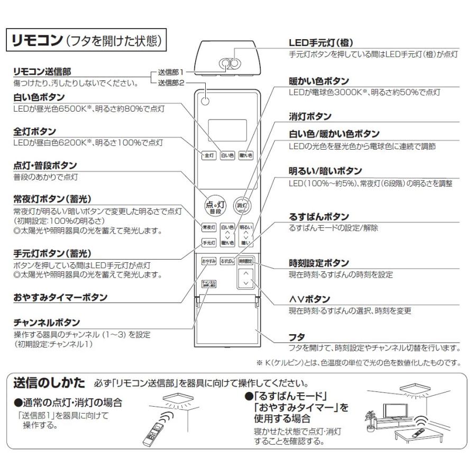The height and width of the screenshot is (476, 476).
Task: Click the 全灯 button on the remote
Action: tap(209, 156)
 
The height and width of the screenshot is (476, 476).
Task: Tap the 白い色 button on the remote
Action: tap(227, 156)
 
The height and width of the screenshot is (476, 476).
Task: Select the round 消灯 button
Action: tap(242, 205)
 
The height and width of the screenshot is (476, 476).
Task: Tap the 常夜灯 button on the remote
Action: tap(209, 227)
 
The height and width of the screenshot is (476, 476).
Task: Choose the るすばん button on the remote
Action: tap(227, 261)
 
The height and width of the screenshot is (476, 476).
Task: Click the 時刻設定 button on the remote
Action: tap(245, 261)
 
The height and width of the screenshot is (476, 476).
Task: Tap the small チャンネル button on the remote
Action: tap(209, 284)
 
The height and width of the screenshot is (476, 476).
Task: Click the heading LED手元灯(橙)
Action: tap(321, 43)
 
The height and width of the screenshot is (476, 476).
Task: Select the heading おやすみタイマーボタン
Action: tap(60, 298)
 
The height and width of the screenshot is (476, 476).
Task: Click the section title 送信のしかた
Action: tap(48, 382)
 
